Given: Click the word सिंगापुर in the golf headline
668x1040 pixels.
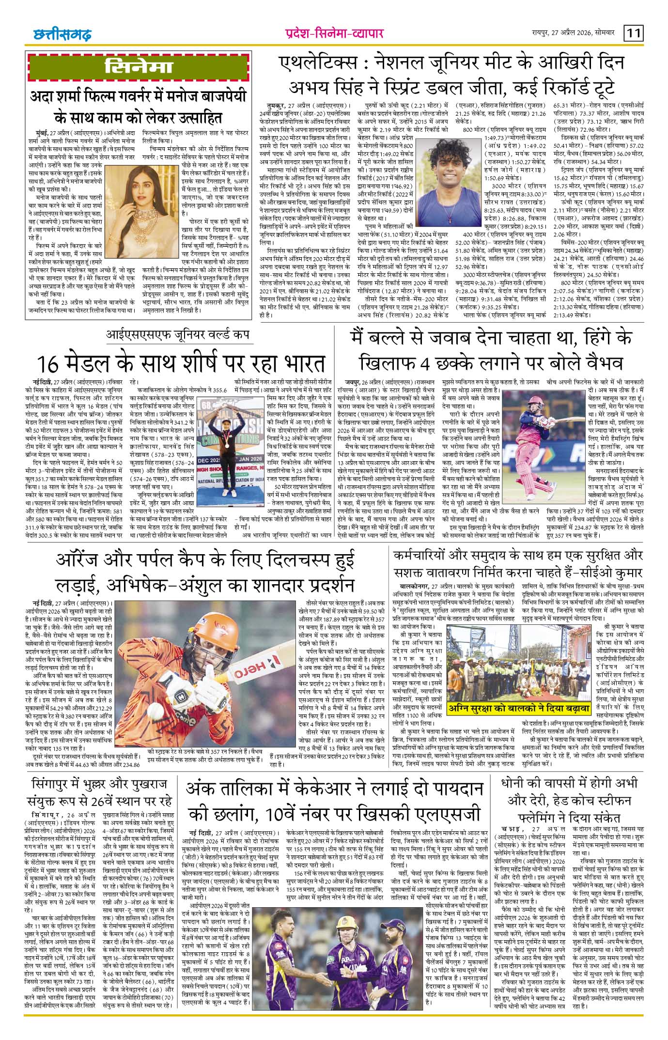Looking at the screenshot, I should click(50, 784).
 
